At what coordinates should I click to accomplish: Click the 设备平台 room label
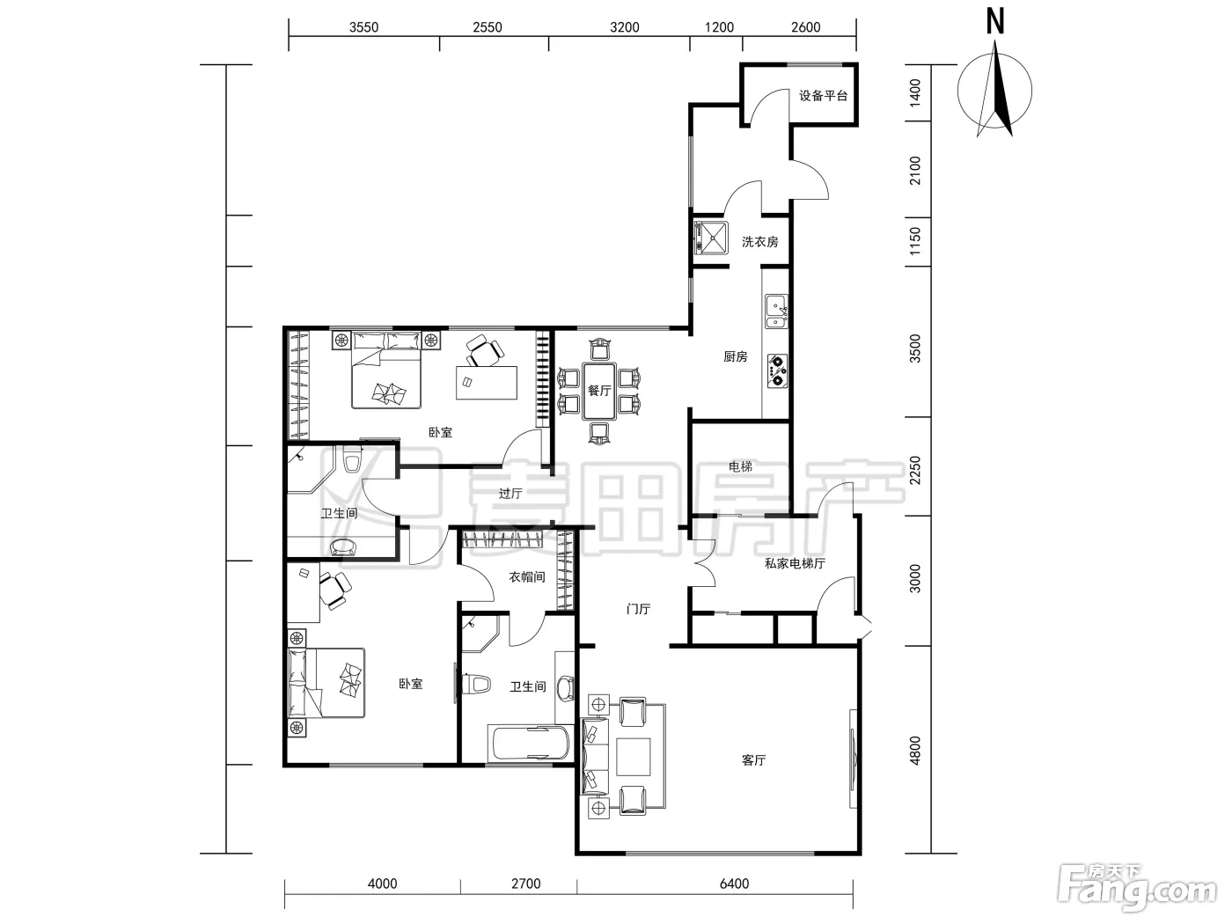point(823,96)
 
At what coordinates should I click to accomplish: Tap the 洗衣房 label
point(760,242)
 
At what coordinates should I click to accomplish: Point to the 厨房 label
point(736,356)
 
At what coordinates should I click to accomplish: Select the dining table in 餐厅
point(599,391)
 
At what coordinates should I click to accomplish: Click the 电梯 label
point(740,466)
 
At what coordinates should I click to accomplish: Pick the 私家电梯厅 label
point(795,563)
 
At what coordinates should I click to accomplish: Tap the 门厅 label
point(638,609)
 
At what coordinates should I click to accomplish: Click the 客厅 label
point(753,760)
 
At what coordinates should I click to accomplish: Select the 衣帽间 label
point(527,576)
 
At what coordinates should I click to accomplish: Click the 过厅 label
point(510,493)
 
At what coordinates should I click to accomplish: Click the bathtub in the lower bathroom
point(531,743)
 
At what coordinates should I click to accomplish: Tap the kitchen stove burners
point(777,371)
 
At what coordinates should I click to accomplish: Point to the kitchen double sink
point(777,312)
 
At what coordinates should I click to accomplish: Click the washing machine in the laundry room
point(711,238)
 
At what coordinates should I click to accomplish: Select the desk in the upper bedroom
point(486,383)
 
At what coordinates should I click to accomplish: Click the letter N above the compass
point(995,23)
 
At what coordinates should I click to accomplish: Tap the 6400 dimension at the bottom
point(734,884)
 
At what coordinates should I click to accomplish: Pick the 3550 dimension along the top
point(363,27)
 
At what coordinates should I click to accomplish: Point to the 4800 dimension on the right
point(915,751)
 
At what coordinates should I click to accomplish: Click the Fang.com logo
point(1137,890)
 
